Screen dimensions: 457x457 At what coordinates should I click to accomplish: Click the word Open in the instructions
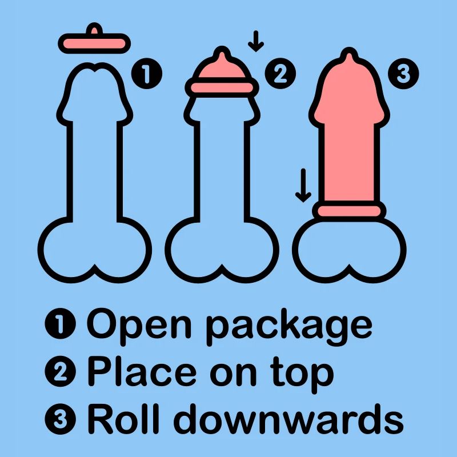tap(139, 324)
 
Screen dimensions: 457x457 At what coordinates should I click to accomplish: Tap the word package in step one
tap(289, 327)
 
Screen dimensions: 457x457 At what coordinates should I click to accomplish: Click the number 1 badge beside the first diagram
tap(147, 74)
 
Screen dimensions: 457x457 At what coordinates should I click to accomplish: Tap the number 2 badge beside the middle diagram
tap(280, 74)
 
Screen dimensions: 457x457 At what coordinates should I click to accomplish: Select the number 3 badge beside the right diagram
tap(403, 74)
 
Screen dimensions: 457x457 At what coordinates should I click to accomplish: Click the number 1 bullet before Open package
tap(61, 323)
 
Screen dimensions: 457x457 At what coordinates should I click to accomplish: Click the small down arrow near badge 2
tap(256, 41)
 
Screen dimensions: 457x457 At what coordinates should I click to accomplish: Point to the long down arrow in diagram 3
tap(303, 185)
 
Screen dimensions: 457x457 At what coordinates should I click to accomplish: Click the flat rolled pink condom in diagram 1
tap(94, 43)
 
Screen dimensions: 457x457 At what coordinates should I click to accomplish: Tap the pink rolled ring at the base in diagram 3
tap(349, 211)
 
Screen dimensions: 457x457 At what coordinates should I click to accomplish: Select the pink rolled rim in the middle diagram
tap(222, 87)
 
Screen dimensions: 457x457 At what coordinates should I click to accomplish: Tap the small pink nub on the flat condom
tap(94, 29)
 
